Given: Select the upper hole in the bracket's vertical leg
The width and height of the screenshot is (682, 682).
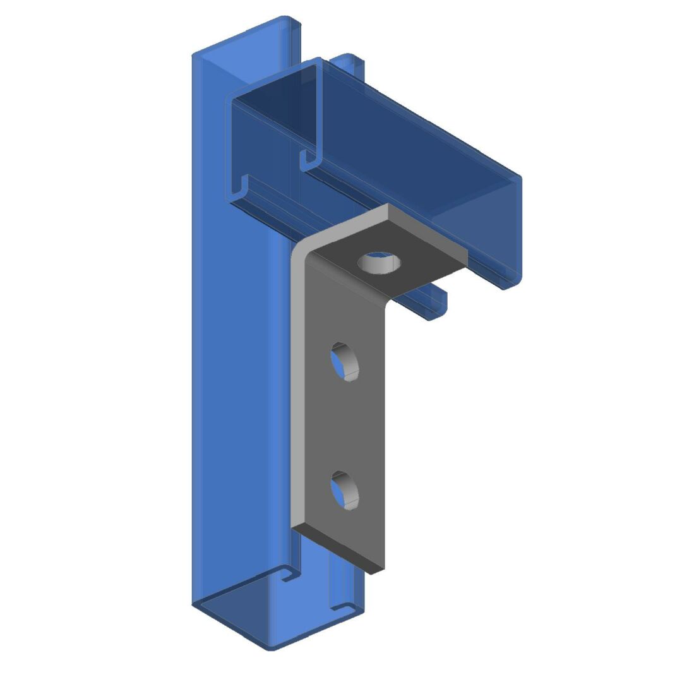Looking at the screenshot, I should [345, 362].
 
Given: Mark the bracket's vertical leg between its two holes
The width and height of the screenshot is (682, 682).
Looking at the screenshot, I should [345, 426].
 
